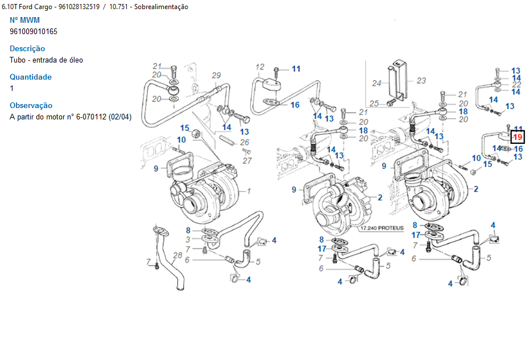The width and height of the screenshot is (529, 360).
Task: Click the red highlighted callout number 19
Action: (x=518, y=137)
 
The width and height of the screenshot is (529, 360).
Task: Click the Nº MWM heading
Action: (x=24, y=20)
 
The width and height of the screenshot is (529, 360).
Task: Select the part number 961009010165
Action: (x=34, y=31)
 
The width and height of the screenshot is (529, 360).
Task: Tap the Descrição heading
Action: (x=27, y=48)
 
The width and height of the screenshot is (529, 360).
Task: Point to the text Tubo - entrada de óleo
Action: (x=46, y=60)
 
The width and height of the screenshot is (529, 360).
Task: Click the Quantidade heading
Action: (x=31, y=77)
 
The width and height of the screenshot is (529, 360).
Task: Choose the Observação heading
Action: (x=31, y=106)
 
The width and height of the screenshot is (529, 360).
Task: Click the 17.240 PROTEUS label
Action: (x=382, y=228)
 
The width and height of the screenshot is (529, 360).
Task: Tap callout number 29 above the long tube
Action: (x=216, y=75)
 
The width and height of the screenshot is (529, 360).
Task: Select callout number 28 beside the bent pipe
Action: (x=177, y=255)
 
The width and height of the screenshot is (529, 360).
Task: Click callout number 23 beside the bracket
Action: (x=421, y=80)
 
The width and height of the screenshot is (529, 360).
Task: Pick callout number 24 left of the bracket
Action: (x=377, y=83)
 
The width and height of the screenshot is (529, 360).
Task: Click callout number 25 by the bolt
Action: (x=374, y=104)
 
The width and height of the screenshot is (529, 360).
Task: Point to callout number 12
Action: (x=260, y=67)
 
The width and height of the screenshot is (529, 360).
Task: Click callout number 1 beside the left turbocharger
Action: (x=249, y=191)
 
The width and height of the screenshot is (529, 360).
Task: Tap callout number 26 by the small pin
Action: (x=245, y=142)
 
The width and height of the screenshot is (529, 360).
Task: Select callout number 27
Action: (x=247, y=160)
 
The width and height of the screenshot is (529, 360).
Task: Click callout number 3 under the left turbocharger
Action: (x=188, y=239)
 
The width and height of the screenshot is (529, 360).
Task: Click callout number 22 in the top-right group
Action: (x=516, y=84)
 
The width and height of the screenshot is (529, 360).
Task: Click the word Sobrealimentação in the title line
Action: (x=162, y=7)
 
